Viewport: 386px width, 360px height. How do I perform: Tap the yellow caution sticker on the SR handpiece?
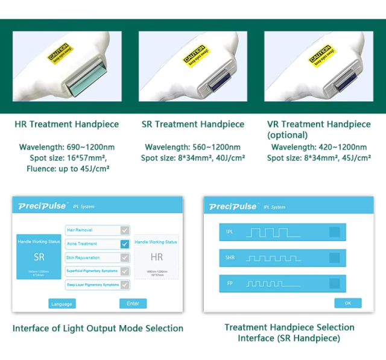[195, 54]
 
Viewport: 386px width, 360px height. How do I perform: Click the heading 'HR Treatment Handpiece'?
[67, 124]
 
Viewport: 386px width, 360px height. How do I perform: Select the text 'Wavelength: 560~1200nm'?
[193, 147]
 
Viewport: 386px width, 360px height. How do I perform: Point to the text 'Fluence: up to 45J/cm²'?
[68, 169]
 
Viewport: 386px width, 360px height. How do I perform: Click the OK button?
[347, 303]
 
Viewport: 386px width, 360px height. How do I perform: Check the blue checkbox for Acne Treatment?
[124, 244]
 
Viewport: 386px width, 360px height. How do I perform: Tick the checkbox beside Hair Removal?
[124, 230]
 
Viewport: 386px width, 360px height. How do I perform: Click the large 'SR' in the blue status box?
[38, 257]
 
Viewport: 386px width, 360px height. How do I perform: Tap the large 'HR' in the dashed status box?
[156, 257]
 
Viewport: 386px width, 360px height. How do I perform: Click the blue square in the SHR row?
[334, 257]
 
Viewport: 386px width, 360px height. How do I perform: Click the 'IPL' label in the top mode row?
[229, 232]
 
